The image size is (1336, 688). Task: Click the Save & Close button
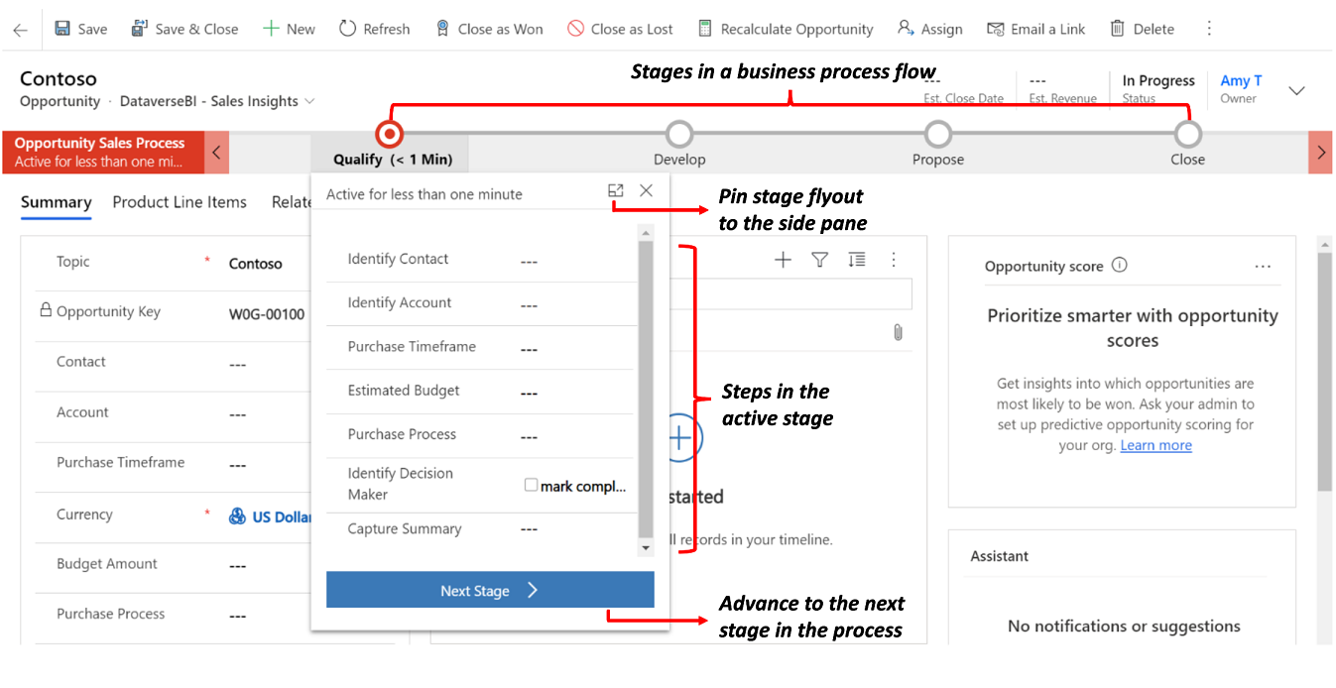point(184,29)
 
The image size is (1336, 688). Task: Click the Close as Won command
point(490,29)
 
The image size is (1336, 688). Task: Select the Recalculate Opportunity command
point(785,29)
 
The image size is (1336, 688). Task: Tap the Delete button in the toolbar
point(1142,29)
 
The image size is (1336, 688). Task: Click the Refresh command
point(374,29)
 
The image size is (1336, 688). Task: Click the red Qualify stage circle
point(390,133)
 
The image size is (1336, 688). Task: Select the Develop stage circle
point(679,133)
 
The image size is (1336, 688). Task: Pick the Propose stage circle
point(937,133)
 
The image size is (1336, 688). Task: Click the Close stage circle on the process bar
point(1187,133)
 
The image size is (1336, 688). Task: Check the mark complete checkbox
point(532,485)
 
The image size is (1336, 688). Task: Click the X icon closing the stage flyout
point(647,190)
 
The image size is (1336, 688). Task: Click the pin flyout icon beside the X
point(616,190)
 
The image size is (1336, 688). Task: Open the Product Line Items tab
point(180,202)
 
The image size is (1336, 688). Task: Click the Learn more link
point(1155,445)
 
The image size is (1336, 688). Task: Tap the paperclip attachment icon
point(898,332)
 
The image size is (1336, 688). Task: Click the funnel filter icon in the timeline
point(819,260)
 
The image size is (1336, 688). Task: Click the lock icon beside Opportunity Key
point(45,310)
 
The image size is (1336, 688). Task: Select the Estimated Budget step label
point(404,391)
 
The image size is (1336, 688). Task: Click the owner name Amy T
point(1241,81)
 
